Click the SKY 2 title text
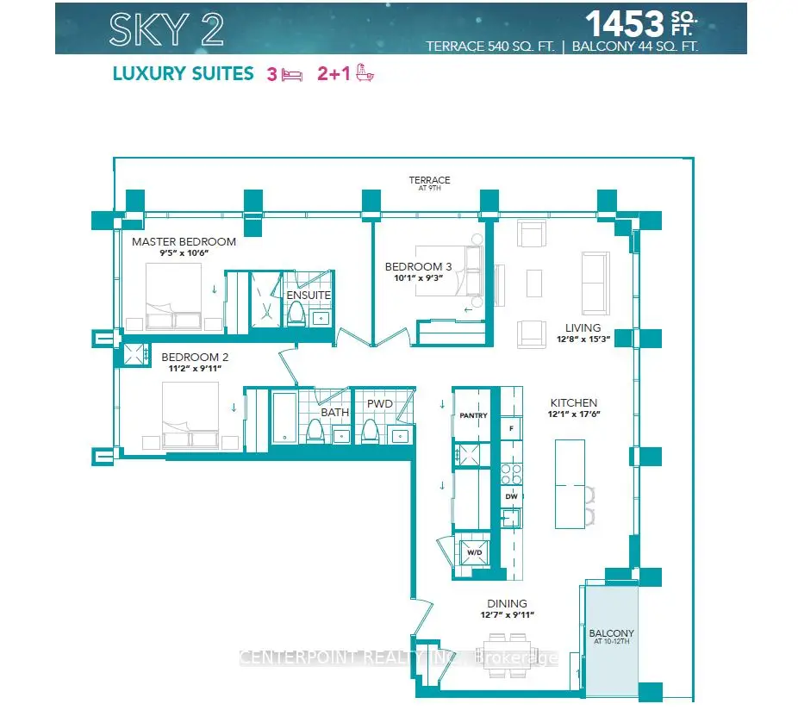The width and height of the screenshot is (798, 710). (x=166, y=29)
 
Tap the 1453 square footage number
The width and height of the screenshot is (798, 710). (x=625, y=23)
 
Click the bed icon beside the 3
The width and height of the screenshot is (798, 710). (x=292, y=75)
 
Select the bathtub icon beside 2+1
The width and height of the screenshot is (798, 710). (x=365, y=72)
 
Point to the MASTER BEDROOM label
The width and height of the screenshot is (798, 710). (x=184, y=242)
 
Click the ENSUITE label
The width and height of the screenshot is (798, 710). (x=309, y=296)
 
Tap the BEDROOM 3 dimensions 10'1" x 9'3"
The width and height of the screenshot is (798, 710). (x=418, y=278)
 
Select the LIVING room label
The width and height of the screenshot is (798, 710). (x=583, y=327)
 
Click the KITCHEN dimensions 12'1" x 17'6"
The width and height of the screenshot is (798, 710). (x=574, y=414)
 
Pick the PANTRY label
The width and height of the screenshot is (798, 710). (x=473, y=415)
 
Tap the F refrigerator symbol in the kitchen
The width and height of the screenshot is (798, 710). (x=512, y=428)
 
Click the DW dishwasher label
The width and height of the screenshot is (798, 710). (x=512, y=496)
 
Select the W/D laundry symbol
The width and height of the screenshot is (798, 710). (x=474, y=552)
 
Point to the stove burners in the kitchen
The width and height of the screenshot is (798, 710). (x=512, y=474)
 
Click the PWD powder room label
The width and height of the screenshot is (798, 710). (x=380, y=403)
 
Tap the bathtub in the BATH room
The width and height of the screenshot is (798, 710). (x=284, y=417)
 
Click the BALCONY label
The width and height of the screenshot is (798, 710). (x=611, y=633)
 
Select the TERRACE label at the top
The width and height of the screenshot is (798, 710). (x=429, y=180)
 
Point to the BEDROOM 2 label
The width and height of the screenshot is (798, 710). (x=195, y=358)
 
